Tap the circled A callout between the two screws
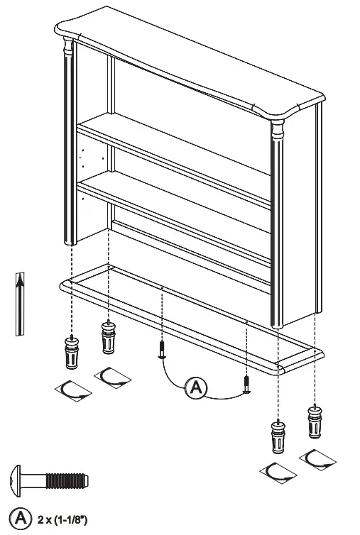(197, 387)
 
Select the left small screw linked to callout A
(162, 348)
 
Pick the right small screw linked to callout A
(246, 384)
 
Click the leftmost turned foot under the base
(72, 352)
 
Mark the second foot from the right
(277, 436)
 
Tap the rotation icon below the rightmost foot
(317, 460)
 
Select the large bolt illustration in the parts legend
(50, 481)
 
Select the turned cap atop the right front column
(276, 131)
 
